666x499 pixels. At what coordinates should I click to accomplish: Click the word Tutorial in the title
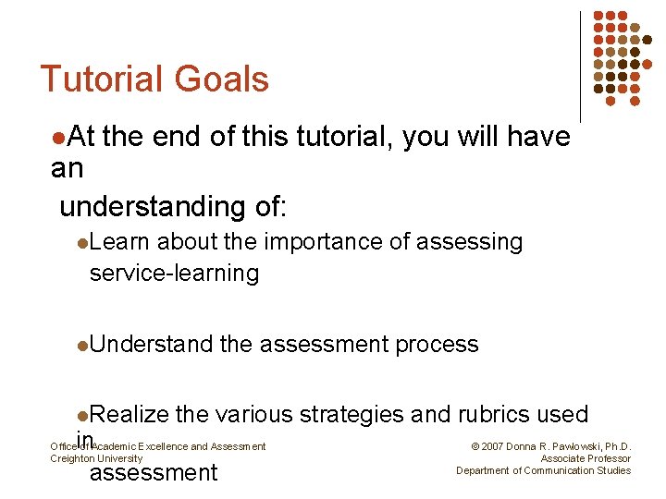pyautogui.click(x=97, y=79)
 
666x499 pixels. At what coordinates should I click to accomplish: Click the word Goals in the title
pyautogui.click(x=217, y=79)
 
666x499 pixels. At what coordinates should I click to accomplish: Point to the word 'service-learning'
pyautogui.click(x=174, y=274)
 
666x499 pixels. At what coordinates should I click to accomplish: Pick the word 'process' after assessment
pyautogui.click(x=437, y=345)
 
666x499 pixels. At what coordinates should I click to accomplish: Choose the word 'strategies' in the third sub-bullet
pyautogui.click(x=351, y=415)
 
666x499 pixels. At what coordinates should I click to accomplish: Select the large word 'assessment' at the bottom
pyautogui.click(x=153, y=473)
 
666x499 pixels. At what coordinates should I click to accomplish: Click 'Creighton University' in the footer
pyautogui.click(x=96, y=459)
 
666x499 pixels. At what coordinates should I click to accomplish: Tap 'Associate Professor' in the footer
pyautogui.click(x=586, y=459)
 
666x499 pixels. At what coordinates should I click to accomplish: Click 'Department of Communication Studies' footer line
pyautogui.click(x=544, y=471)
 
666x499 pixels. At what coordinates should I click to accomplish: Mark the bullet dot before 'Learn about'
pyautogui.click(x=82, y=243)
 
